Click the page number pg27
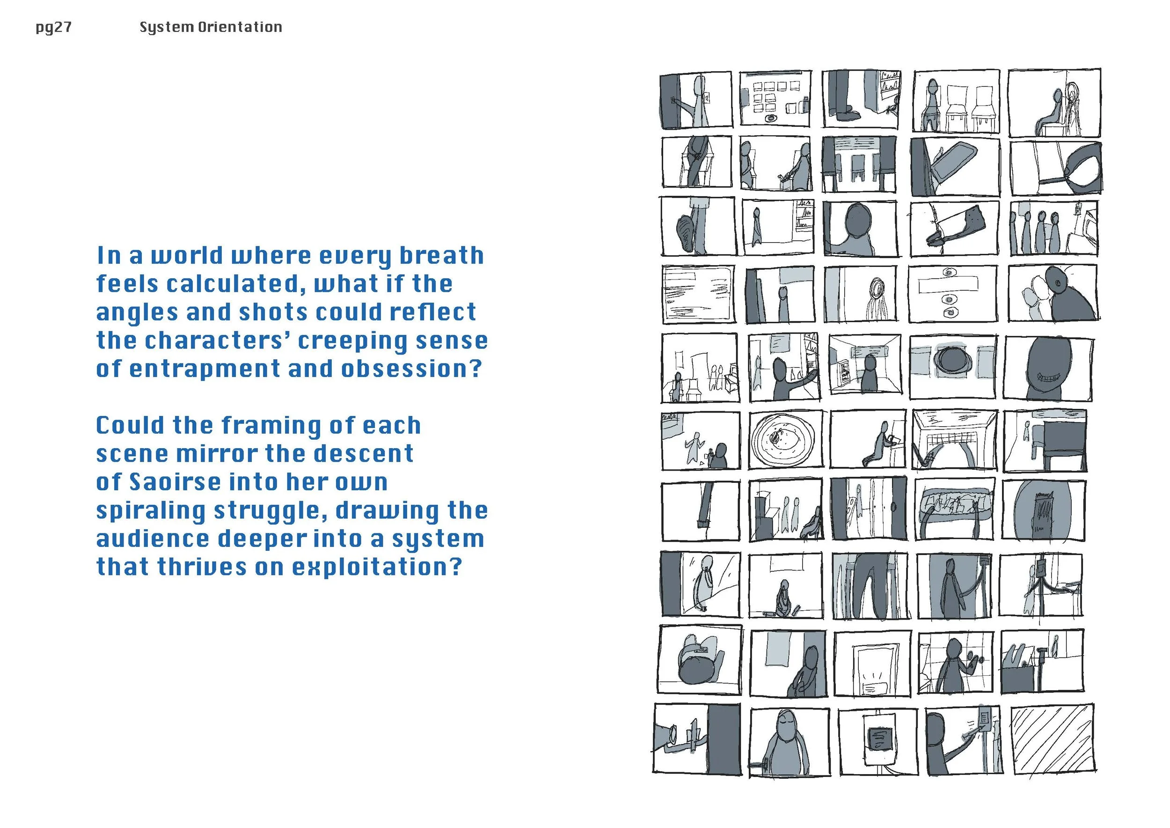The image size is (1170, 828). click(53, 28)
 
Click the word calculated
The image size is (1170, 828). click(236, 284)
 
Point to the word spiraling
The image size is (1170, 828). click(151, 511)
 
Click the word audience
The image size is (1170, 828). click(153, 539)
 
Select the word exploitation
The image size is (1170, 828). click(377, 568)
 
